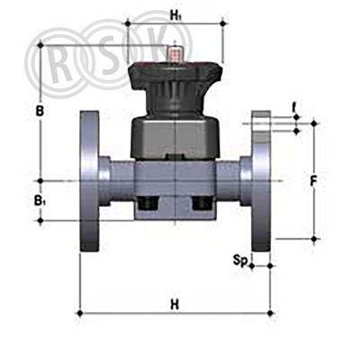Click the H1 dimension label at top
click(175, 15)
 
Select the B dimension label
click(40, 112)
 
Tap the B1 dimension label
click(39, 201)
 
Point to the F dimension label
click(313, 181)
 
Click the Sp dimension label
click(240, 261)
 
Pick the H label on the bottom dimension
click(175, 305)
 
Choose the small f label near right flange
click(295, 107)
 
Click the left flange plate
click(89, 181)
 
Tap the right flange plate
click(261, 181)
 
